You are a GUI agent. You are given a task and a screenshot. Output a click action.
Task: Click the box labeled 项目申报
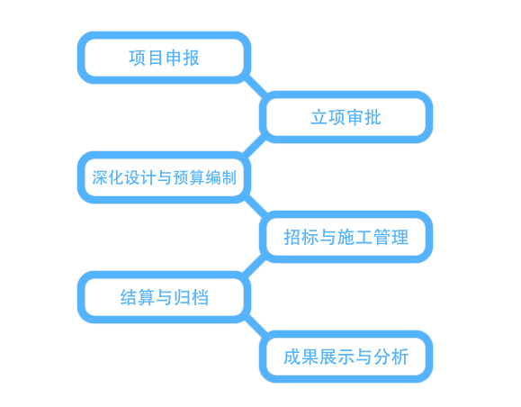[164, 58]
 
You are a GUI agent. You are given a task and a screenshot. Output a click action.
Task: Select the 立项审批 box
[346, 117]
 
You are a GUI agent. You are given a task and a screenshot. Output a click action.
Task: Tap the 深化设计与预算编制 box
[164, 177]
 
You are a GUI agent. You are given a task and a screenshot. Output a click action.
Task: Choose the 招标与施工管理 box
[346, 237]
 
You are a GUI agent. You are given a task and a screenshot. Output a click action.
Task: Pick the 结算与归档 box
[164, 297]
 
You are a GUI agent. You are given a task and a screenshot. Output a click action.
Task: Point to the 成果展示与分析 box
[346, 357]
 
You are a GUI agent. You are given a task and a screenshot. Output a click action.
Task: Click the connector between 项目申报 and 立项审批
[256, 87]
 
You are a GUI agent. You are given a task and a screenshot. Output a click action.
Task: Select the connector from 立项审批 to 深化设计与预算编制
[255, 147]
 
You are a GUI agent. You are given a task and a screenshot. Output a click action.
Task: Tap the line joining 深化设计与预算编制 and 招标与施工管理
[256, 207]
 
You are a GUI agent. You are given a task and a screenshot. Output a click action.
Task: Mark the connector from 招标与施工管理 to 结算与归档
[255, 267]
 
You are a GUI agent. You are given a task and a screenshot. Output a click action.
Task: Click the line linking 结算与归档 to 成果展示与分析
[256, 327]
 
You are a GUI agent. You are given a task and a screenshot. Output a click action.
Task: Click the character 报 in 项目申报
[191, 58]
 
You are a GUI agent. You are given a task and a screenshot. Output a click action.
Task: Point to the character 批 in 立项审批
[373, 117]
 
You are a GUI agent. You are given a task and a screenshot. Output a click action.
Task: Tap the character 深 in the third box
[99, 177]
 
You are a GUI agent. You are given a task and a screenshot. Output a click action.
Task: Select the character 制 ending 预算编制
[229, 177]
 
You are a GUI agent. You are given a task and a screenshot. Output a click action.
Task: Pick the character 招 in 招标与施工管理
[292, 237]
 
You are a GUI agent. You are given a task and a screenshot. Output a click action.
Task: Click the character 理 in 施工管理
[400, 237]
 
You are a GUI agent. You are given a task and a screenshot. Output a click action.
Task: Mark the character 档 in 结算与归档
[200, 297]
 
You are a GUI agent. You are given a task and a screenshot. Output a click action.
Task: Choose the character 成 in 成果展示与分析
[292, 357]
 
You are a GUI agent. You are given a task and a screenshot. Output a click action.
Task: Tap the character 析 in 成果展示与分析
[400, 357]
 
